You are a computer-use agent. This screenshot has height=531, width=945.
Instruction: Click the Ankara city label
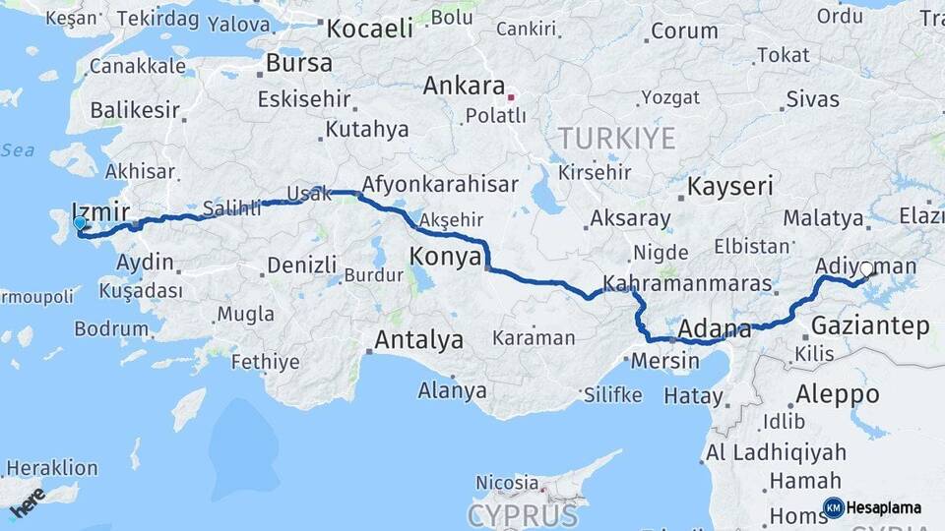[x=464, y=87]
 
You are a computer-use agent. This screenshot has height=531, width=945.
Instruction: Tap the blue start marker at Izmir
[x=80, y=224]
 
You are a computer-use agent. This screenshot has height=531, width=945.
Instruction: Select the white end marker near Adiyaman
[x=866, y=268]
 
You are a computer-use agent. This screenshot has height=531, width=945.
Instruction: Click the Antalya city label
[x=419, y=341]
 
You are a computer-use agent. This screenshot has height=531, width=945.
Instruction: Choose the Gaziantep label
[x=871, y=327]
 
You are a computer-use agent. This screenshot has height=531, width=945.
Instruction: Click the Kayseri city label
[x=730, y=187]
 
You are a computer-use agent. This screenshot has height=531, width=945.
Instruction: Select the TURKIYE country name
[x=616, y=137]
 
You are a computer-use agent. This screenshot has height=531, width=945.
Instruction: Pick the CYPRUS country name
[x=523, y=515]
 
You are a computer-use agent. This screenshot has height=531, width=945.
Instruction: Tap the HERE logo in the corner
[x=28, y=502]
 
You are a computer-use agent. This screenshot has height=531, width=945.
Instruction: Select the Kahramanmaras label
[x=686, y=283]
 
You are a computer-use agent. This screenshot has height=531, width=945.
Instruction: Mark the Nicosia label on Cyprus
[x=507, y=483]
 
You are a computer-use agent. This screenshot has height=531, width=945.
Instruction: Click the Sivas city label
[x=813, y=99]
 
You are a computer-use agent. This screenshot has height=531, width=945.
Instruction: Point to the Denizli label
[x=301, y=265]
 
